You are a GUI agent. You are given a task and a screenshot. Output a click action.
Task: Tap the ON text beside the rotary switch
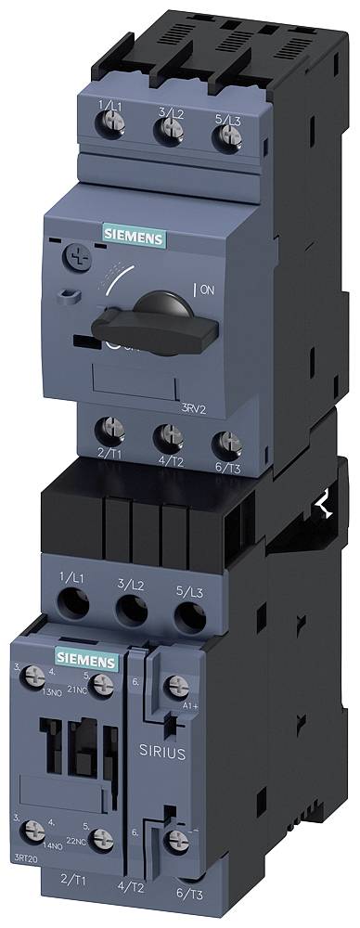tap(206, 290)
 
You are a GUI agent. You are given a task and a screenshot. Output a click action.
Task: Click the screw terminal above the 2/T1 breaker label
tap(109, 429)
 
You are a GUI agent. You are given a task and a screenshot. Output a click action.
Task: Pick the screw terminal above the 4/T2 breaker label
tap(166, 433)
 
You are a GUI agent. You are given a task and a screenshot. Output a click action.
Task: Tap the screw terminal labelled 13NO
tap(39, 682)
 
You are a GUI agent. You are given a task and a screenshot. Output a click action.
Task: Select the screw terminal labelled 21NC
tap(103, 685)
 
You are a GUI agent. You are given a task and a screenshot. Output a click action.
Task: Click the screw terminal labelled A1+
tap(174, 688)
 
